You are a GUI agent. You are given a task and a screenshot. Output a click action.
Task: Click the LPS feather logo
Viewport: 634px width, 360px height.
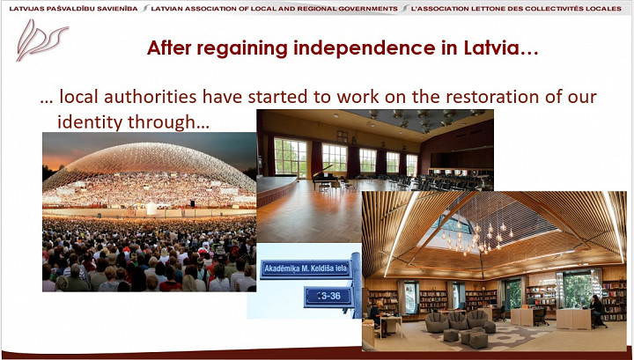click(41, 40)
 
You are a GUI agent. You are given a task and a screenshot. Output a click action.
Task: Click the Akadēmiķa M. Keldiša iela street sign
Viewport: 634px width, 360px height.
click(306, 269)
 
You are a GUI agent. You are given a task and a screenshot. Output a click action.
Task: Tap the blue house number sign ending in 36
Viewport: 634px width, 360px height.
click(328, 296)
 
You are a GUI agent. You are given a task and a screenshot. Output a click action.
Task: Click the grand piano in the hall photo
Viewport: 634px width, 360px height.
click(326, 178)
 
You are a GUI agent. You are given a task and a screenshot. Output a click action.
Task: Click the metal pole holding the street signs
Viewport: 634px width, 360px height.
click(357, 285)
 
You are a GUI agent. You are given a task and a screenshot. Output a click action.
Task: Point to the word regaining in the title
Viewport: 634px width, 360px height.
click(242, 49)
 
